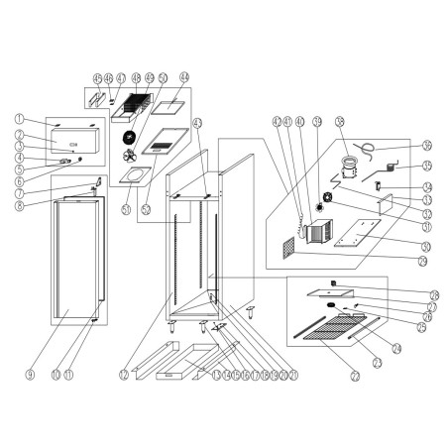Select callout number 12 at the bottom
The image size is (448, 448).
123,375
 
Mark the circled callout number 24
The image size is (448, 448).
395,347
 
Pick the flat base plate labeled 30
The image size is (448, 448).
357,235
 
